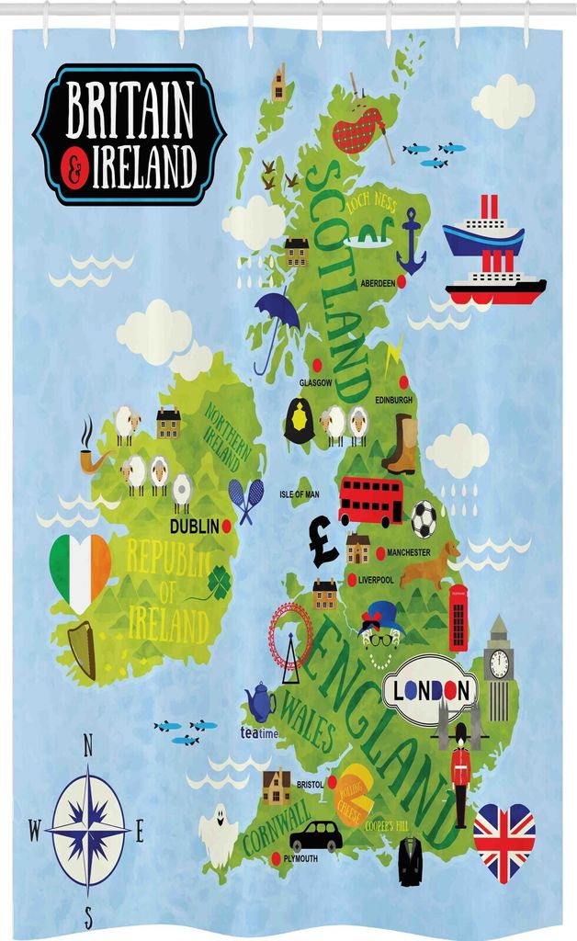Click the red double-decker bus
click(370, 500)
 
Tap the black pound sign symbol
click(322, 541)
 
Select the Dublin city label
click(195, 527)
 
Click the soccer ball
click(424, 520)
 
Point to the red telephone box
click(458, 618)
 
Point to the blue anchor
click(411, 241)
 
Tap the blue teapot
click(260, 702)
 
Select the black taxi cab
click(316, 835)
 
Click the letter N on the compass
click(88, 745)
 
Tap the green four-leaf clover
click(219, 580)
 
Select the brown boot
click(402, 444)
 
